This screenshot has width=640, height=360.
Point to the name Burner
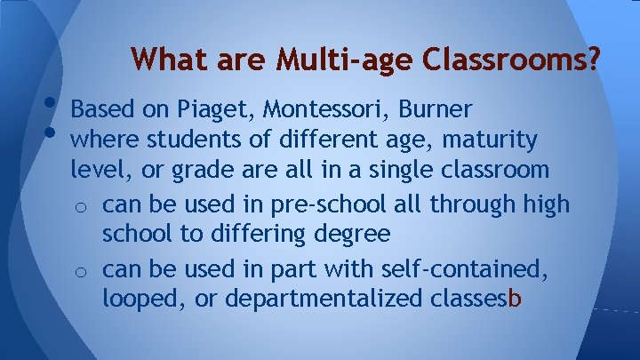tap(436, 109)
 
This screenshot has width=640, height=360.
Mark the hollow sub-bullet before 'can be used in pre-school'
tap(80, 206)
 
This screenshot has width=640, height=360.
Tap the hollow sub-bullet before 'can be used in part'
tap(80, 268)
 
